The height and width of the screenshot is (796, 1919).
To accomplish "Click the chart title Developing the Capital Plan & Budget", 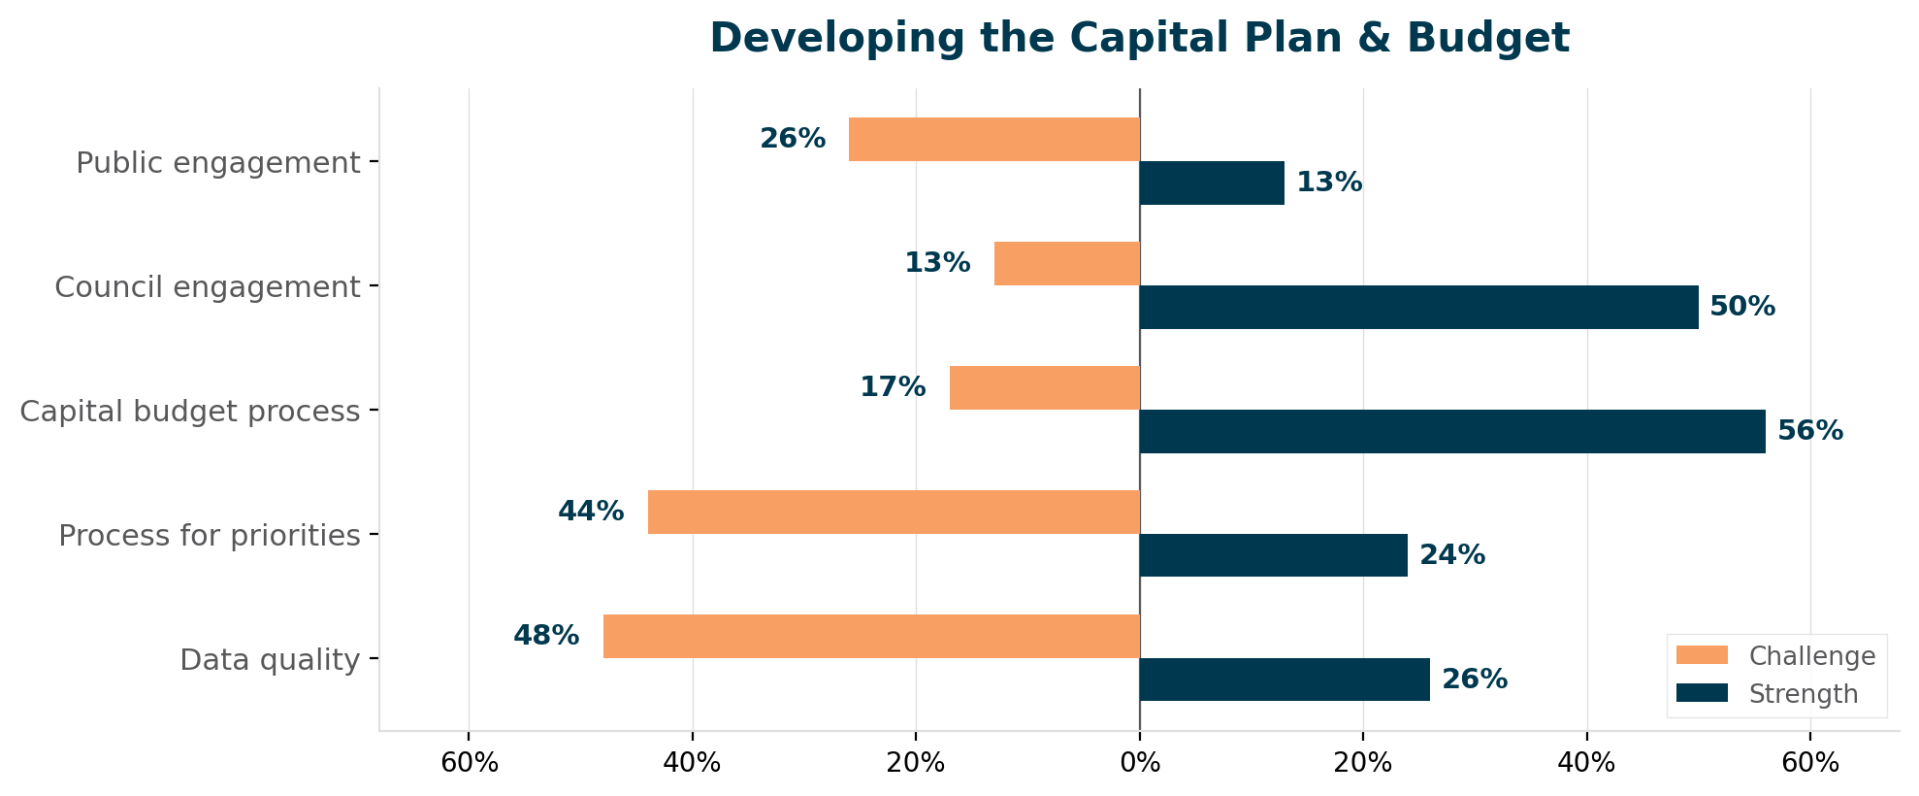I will (1139, 39).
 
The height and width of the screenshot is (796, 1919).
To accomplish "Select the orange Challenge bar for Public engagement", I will (993, 139).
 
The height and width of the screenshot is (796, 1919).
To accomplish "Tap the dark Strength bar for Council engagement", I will (1418, 307).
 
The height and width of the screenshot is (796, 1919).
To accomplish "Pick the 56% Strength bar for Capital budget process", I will (1451, 431).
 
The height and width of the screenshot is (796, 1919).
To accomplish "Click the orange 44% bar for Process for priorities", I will (893, 512).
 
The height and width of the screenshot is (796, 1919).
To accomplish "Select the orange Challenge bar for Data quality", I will (871, 636).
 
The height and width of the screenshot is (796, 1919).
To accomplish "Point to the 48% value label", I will (546, 636).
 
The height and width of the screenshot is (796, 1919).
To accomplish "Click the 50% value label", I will (1742, 307).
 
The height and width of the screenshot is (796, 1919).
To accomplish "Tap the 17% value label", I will (893, 387).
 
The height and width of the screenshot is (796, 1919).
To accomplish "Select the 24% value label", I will (1451, 555).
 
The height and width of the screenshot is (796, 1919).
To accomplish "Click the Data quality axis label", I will (270, 660).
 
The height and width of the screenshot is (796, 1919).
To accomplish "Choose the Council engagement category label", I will (208, 287).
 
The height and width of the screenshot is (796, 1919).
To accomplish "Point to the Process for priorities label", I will (210, 536).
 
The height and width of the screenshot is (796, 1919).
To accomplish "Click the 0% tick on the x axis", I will (1139, 763).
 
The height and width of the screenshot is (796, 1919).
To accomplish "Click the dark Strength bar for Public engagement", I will (1211, 182).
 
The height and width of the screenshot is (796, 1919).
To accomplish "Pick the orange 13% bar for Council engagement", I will (1066, 263).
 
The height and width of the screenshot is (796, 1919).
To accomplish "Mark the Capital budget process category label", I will (190, 412).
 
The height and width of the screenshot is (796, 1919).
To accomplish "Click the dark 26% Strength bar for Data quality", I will (1284, 680).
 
